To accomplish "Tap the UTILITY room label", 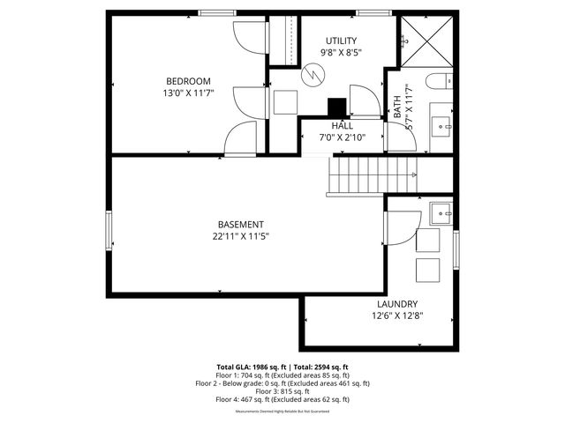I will pyautogui.click(x=341, y=41).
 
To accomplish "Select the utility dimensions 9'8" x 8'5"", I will pyautogui.click(x=341, y=53).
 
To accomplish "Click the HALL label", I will pyautogui.click(x=343, y=126).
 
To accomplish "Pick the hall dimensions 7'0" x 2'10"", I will pyautogui.click(x=343, y=137).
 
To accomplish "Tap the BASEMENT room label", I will pyautogui.click(x=240, y=225).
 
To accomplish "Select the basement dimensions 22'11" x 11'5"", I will pyautogui.click(x=240, y=236).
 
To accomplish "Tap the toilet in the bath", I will pyautogui.click(x=436, y=84).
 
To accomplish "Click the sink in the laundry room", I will pyautogui.click(x=441, y=212).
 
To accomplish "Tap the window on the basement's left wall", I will pyautogui.click(x=110, y=231).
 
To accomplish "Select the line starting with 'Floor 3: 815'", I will pyautogui.click(x=282, y=391).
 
